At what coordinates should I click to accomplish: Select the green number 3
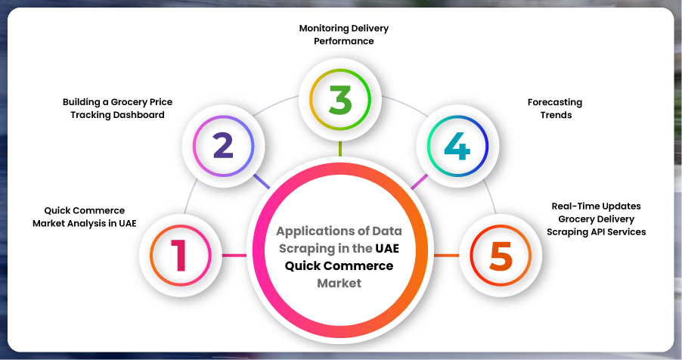pyautogui.click(x=339, y=100)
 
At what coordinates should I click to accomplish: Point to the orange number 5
pyautogui.click(x=501, y=256)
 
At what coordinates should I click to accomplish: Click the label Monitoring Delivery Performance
pyautogui.click(x=344, y=34)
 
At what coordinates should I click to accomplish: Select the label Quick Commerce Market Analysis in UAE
pyautogui.click(x=85, y=216)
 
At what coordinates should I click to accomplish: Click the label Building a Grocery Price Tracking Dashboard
pyautogui.click(x=113, y=107)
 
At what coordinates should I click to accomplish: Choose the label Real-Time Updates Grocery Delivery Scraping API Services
pyautogui.click(x=597, y=219)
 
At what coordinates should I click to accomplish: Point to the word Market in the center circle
pyautogui.click(x=339, y=284)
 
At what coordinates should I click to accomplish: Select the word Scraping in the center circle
pyautogui.click(x=306, y=248)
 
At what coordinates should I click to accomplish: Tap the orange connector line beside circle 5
pyautogui.click(x=446, y=256)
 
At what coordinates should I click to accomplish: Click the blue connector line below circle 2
pyautogui.click(x=261, y=182)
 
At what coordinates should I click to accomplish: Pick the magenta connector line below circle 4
pyautogui.click(x=418, y=182)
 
